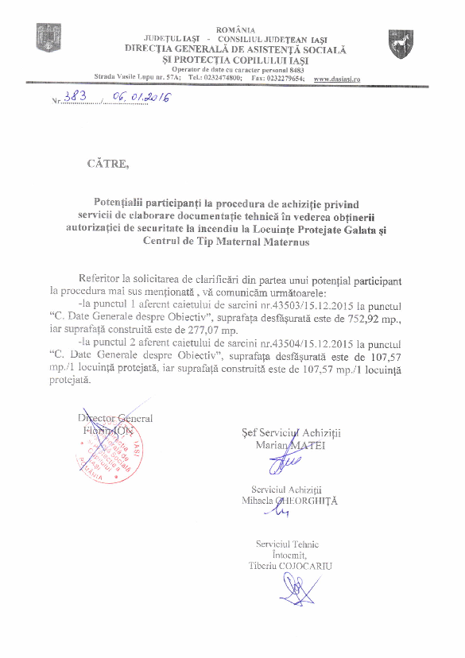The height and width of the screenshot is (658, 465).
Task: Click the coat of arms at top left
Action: point(43,37)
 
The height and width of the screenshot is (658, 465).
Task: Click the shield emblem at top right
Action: point(401,44)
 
